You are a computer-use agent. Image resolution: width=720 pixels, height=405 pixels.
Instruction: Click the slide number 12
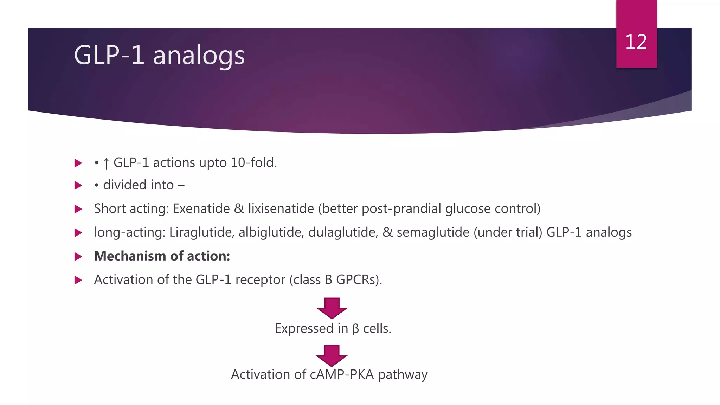(636, 42)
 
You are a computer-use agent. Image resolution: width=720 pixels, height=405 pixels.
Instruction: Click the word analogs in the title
(199, 56)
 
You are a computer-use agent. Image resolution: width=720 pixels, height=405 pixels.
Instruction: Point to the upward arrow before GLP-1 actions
(106, 163)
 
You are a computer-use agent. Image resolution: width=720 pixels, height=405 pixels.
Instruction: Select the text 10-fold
(253, 163)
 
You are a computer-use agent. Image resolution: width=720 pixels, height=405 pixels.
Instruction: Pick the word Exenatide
(201, 208)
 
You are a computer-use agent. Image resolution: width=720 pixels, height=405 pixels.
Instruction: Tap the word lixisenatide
(281, 208)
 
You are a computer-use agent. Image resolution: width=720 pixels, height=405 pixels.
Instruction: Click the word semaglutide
(433, 232)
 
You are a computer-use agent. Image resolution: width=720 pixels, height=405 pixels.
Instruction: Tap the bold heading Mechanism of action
(162, 256)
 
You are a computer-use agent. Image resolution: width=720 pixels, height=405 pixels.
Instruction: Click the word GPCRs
(358, 279)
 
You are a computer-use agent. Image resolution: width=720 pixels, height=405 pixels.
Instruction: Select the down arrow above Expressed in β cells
(332, 308)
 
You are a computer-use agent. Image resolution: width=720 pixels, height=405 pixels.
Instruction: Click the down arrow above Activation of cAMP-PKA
(332, 355)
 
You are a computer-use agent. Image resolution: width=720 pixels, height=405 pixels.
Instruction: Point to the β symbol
(355, 329)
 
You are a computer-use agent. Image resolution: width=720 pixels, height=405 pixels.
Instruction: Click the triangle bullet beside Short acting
(78, 209)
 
